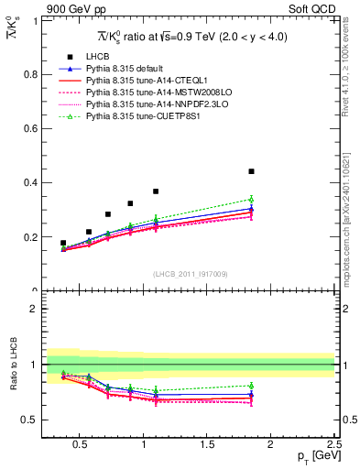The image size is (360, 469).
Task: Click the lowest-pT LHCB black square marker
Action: pyautogui.click(x=63, y=243)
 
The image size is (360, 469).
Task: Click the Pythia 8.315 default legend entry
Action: pyautogui.click(x=127, y=69)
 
